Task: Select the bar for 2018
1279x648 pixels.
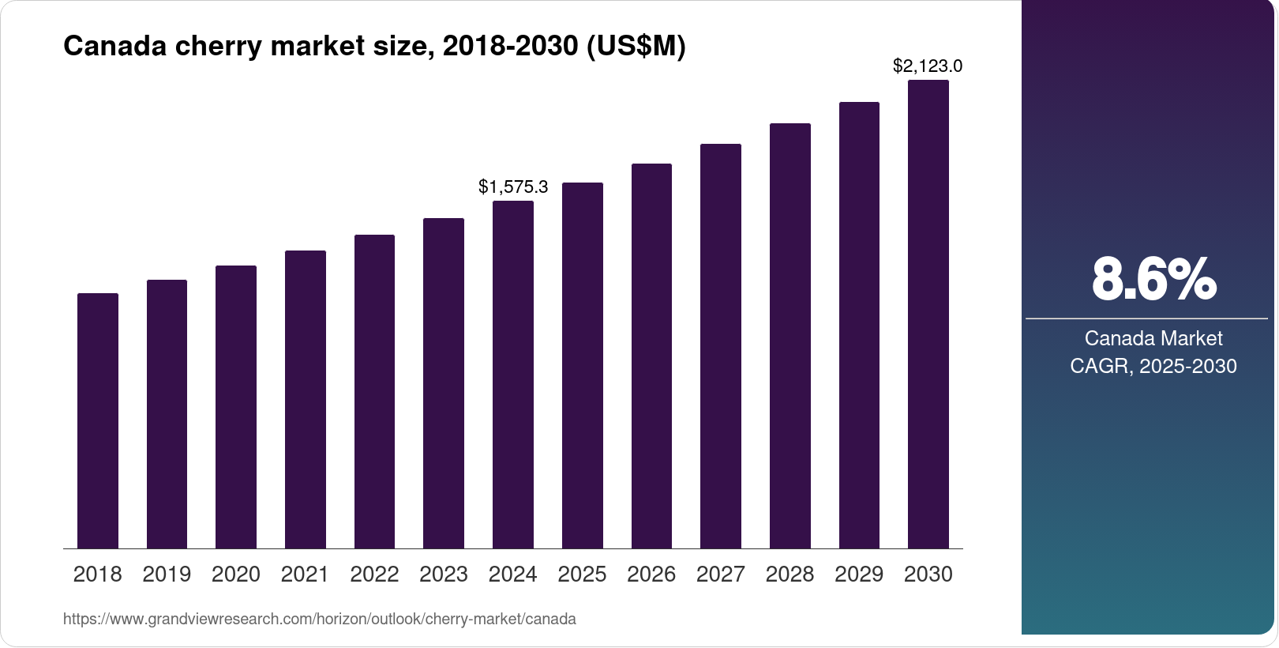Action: pos(98,420)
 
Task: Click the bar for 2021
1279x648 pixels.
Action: pos(306,399)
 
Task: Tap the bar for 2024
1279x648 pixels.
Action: pos(513,375)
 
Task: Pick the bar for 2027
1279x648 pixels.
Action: pos(721,346)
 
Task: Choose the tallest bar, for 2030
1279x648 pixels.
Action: pos(928,314)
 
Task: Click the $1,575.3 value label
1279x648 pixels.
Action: pos(513,187)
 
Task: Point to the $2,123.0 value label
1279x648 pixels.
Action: pos(928,66)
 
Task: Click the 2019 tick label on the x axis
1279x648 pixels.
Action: pos(167,575)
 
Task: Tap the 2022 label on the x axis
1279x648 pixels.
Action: pos(374,575)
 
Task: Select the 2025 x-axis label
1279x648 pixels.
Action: pos(582,575)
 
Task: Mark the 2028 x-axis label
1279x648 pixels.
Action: pos(790,575)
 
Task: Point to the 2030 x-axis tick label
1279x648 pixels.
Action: pos(928,575)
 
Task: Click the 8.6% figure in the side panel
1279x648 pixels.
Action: pos(1153,279)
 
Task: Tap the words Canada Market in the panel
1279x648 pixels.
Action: pos(1153,338)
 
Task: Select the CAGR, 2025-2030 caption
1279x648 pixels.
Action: pos(1153,366)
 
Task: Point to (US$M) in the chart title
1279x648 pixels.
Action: pos(636,47)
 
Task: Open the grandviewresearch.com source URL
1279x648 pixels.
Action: pos(319,620)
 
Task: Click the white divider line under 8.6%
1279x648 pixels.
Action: pos(1146,318)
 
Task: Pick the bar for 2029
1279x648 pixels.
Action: pos(859,325)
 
